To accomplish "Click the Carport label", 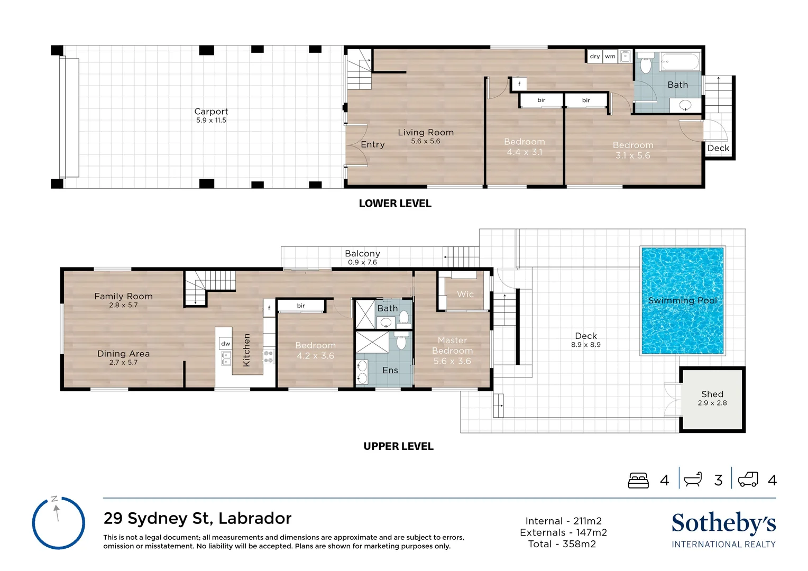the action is click(211, 112).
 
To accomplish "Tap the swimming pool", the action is click(683, 301).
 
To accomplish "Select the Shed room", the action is click(712, 399).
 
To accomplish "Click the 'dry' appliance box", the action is click(595, 56).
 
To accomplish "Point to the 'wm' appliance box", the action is click(610, 56).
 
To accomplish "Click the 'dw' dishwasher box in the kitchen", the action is click(225, 344).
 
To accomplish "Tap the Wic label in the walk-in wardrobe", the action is click(465, 294).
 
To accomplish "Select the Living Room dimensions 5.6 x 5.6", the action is click(426, 141).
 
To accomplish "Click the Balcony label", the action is click(363, 253).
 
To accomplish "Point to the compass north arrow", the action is click(56, 513).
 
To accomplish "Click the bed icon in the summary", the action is click(638, 480).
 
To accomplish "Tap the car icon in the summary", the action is click(748, 480).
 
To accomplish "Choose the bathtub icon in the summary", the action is click(693, 480).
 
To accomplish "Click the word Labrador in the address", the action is click(255, 518).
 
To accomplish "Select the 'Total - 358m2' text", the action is click(562, 544).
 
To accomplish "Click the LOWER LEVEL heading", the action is click(395, 204).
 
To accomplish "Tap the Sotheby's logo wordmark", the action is click(723, 523).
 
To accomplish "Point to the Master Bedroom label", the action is click(452, 345).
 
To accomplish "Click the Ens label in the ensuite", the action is click(390, 370).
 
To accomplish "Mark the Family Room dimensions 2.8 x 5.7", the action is click(123, 305).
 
